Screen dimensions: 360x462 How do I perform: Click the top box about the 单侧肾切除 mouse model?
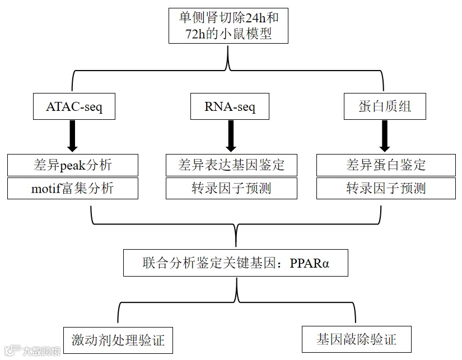coord(228,25)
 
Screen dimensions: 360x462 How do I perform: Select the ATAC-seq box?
coord(74,107)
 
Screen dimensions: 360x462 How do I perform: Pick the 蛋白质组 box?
coord(385,107)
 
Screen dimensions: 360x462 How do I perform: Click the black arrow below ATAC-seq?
coord(72,136)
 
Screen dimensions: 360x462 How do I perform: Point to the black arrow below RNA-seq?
coord(228,136)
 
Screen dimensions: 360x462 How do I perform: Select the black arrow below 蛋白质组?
coord(385,136)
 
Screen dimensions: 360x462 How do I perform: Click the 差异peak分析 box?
coord(72,165)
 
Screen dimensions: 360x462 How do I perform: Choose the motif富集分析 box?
coord(72,188)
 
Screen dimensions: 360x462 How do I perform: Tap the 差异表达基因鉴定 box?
coord(231,165)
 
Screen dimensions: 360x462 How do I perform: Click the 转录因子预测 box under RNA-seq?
coord(231,188)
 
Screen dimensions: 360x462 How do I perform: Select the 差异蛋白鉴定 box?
coord(386,165)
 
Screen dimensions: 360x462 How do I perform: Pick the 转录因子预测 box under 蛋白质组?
coord(386,188)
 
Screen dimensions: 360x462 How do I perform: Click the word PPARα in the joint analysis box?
coord(310,263)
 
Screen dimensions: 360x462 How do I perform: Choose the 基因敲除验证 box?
coord(357,339)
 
